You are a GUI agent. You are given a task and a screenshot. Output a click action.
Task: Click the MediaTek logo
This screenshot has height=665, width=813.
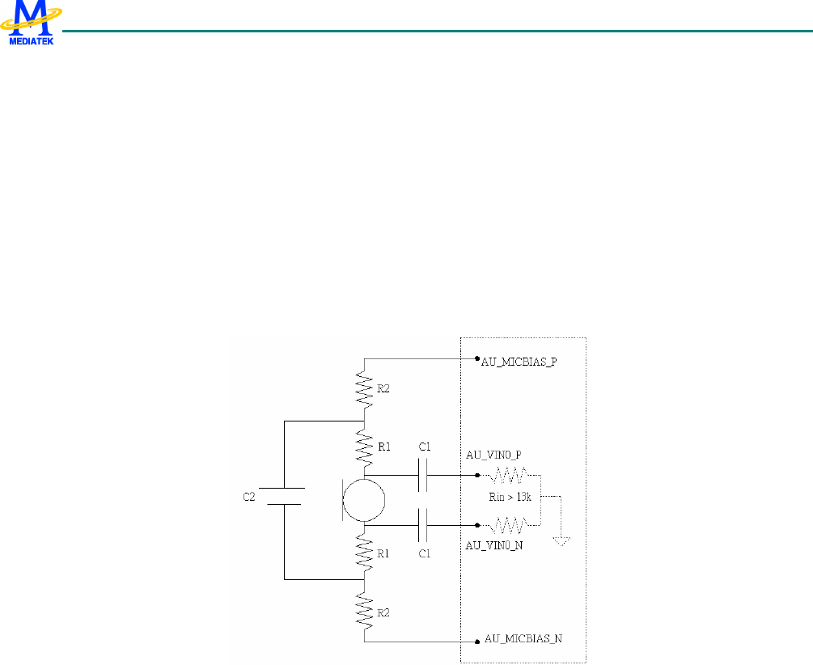tap(32, 23)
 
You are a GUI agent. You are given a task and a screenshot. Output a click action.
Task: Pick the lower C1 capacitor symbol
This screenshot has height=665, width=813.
tap(421, 527)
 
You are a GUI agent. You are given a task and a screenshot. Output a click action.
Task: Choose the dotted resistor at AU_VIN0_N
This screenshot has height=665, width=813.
tap(509, 526)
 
